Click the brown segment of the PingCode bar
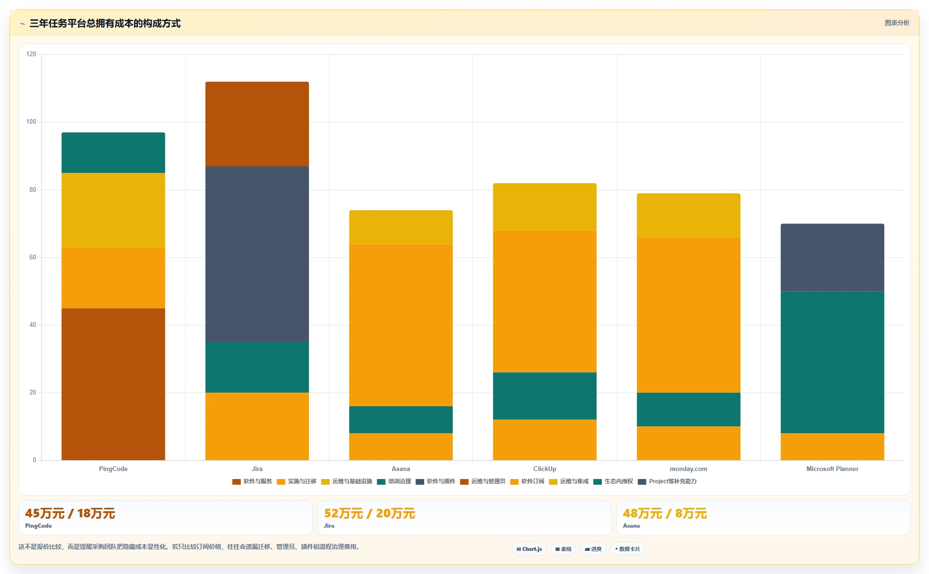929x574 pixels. [113, 384]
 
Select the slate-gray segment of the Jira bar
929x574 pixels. [257, 254]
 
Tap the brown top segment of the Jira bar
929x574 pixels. [257, 124]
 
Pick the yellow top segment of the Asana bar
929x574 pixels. [401, 227]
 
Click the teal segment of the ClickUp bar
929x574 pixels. [545, 396]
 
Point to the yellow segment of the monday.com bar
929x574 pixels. [688, 215]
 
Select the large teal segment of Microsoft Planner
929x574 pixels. [832, 362]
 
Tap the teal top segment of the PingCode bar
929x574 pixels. [113, 153]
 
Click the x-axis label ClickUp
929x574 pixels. [545, 469]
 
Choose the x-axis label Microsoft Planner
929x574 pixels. [832, 469]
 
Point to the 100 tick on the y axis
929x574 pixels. [31, 122]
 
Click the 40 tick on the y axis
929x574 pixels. [33, 325]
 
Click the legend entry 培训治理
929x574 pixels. [394, 481]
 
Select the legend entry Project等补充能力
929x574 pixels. [667, 481]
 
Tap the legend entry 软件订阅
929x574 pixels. [527, 481]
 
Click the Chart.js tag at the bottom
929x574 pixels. [529, 549]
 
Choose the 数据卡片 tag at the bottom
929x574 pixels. [628, 549]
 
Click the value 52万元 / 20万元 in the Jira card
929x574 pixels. [370, 514]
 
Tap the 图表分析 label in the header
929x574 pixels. [897, 23]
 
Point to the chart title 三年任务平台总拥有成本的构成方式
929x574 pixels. [105, 24]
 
